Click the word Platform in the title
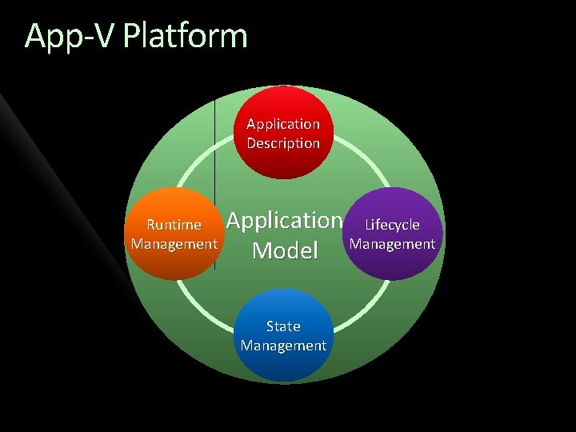click(186, 37)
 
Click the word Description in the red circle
click(283, 143)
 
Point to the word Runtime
click(174, 225)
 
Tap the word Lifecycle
click(392, 225)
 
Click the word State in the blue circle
click(283, 326)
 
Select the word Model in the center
click(284, 250)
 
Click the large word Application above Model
click(284, 219)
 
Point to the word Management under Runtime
click(174, 243)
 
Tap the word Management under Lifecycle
click(393, 243)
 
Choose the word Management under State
click(283, 346)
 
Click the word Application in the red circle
click(283, 124)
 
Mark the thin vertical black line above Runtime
click(215, 144)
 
